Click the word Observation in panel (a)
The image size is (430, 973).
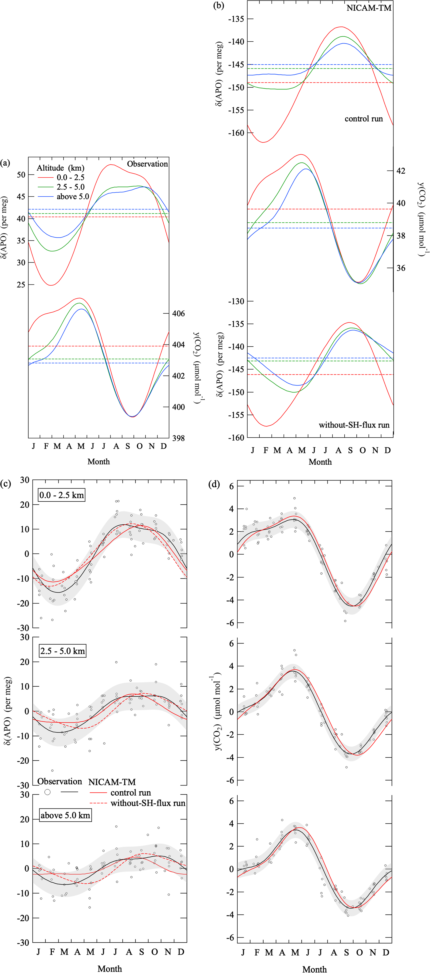tap(147, 164)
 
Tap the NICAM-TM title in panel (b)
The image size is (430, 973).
tap(369, 8)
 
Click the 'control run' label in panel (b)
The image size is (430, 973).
tap(363, 119)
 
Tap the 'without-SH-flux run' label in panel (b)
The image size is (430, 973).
tap(354, 425)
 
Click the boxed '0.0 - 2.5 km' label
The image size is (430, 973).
tap(62, 495)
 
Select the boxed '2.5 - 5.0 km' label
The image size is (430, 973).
tap(62, 651)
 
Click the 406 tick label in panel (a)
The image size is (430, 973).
tap(179, 313)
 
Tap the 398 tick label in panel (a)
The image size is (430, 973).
tap(179, 438)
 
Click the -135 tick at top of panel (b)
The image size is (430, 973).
tap(235, 19)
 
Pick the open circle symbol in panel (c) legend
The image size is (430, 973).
tap(48, 792)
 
